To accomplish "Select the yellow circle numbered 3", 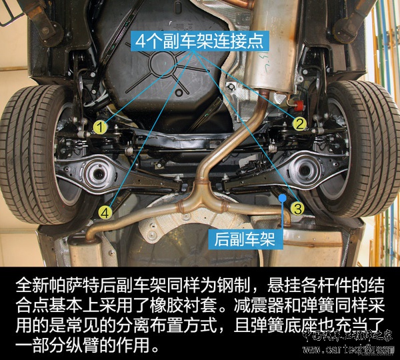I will pos(297,208).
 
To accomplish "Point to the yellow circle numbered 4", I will pos(105,212).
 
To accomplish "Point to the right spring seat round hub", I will pos(306,166).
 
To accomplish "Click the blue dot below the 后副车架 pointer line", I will pos(283,197).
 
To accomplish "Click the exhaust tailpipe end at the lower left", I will pos(93,235).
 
